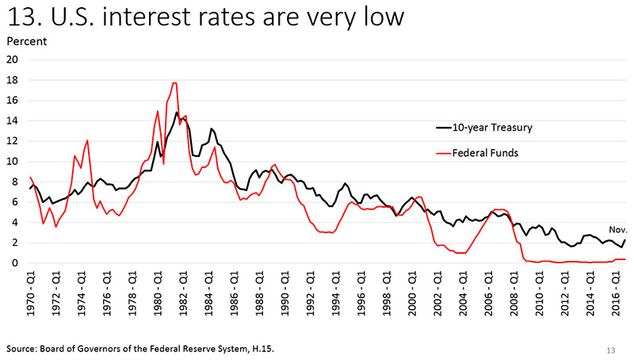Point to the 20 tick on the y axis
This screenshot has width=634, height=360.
point(13,59)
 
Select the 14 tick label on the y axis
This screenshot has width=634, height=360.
point(13,121)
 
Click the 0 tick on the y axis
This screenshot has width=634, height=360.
point(16,263)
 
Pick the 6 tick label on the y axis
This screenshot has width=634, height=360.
point(16,202)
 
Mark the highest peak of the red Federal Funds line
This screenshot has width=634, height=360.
point(174,82)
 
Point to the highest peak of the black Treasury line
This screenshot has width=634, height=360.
point(177,112)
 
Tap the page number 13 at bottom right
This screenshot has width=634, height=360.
point(610,348)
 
